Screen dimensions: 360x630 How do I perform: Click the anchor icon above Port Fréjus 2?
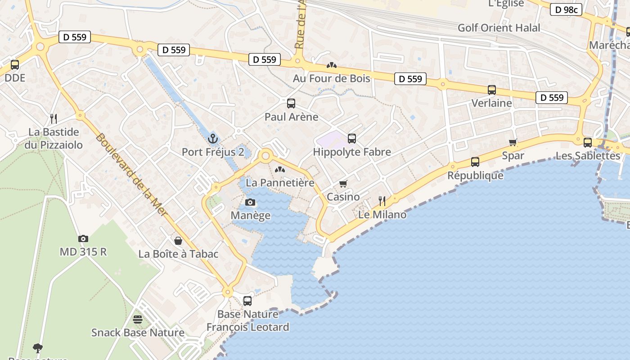[213, 138]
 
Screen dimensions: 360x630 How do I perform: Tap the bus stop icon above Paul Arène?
[291, 103]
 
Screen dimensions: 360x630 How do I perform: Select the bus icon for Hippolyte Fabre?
[352, 139]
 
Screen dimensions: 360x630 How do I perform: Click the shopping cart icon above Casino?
[343, 184]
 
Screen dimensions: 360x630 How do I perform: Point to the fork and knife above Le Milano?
[382, 201]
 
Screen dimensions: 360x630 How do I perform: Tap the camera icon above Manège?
[250, 202]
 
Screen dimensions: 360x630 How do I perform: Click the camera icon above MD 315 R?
[83, 238]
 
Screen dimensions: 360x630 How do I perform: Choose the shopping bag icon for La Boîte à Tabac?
[178, 241]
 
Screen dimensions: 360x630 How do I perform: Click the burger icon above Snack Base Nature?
[138, 319]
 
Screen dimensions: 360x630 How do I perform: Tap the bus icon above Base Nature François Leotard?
[247, 301]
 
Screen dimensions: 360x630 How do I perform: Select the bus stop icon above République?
[475, 162]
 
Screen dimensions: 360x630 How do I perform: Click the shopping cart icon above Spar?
[513, 143]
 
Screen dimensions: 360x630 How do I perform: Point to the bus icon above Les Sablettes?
[588, 143]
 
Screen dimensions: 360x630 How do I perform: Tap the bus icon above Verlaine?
[492, 90]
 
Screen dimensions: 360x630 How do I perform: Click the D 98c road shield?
[566, 9]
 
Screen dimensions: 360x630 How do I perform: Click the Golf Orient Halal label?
[499, 28]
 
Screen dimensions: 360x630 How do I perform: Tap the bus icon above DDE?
[15, 65]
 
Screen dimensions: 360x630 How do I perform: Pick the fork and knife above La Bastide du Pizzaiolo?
[54, 119]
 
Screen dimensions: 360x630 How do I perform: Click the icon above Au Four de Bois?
[332, 65]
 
